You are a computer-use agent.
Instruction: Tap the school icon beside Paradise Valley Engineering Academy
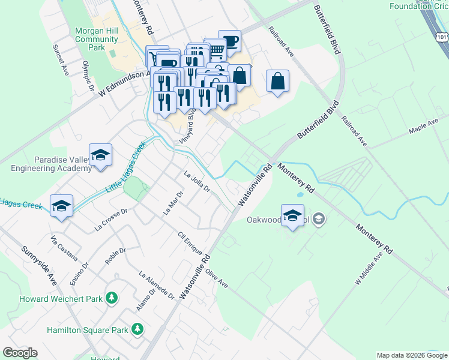pos(101,155)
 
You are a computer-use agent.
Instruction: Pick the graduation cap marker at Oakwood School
pos(292,215)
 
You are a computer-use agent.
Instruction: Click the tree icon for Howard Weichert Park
pos(111,298)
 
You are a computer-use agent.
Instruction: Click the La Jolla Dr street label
pos(196,181)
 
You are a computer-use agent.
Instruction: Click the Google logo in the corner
pos(20,353)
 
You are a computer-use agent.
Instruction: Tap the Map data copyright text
pos(412,355)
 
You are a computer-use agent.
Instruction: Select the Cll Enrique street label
pos(190,246)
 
